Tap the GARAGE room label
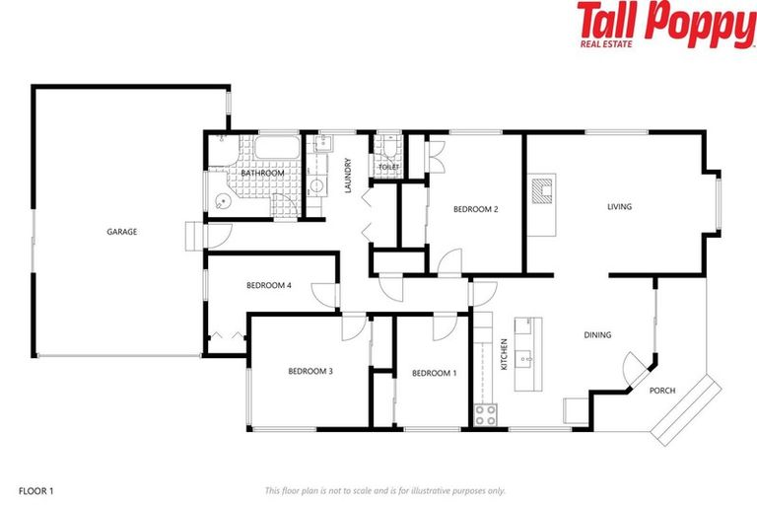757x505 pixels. click(x=122, y=232)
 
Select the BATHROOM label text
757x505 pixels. click(x=262, y=174)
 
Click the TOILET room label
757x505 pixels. click(x=388, y=168)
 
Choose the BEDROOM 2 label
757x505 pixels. click(x=475, y=209)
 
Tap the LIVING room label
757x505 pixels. click(x=619, y=206)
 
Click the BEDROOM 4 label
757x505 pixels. click(x=268, y=286)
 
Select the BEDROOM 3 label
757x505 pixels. click(x=310, y=371)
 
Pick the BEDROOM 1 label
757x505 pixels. click(x=434, y=373)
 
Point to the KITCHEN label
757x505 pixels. click(x=504, y=354)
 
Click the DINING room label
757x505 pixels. click(x=597, y=335)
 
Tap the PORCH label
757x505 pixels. click(x=662, y=391)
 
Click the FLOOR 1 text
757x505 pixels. click(x=37, y=490)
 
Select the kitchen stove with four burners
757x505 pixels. click(x=485, y=415)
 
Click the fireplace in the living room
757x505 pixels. click(x=541, y=188)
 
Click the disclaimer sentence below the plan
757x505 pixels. click(x=384, y=490)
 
